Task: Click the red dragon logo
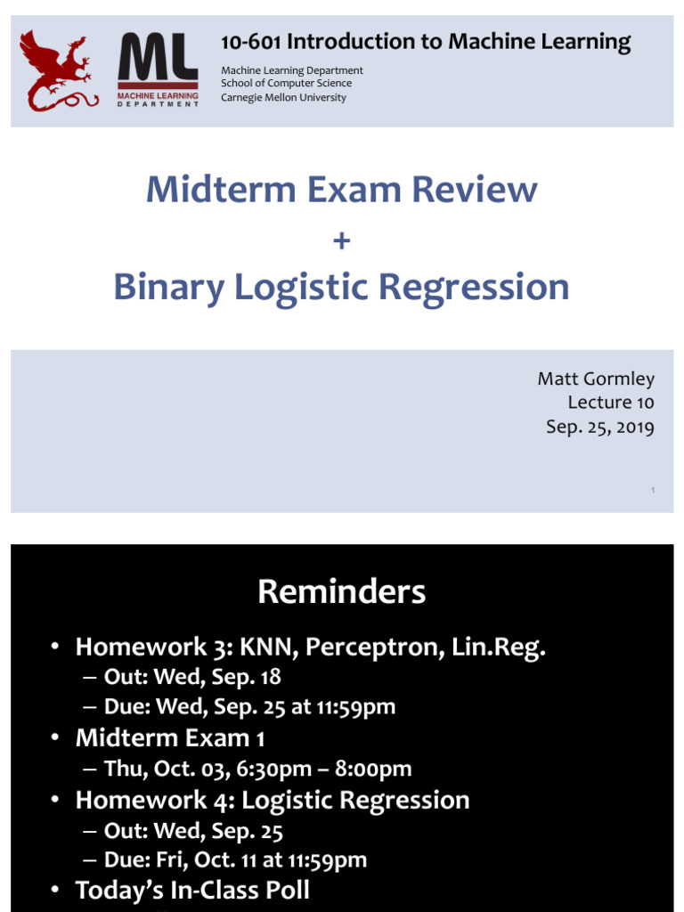tap(59, 70)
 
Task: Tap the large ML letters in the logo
tap(158, 60)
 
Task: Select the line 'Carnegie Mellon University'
tap(283, 97)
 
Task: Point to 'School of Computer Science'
tap(286, 84)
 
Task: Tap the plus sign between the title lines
tap(341, 240)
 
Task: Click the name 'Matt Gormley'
tap(595, 379)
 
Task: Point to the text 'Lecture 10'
tap(610, 403)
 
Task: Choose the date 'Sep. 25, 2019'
tap(599, 427)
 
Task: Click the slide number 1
tap(653, 490)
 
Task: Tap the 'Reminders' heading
tap(341, 591)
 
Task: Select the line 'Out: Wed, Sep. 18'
tap(192, 677)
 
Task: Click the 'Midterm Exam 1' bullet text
tap(170, 738)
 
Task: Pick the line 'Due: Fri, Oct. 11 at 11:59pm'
tap(235, 860)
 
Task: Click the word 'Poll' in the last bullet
tap(284, 891)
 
